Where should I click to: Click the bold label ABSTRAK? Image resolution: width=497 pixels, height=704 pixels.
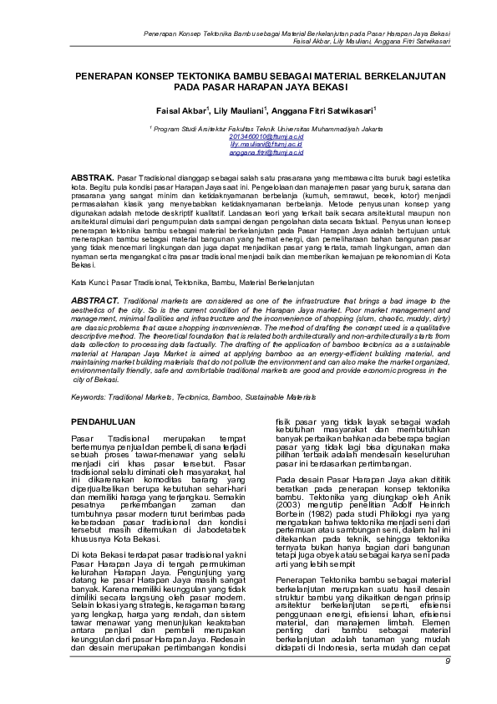91,179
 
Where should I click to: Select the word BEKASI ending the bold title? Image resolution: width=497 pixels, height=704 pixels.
329,86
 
